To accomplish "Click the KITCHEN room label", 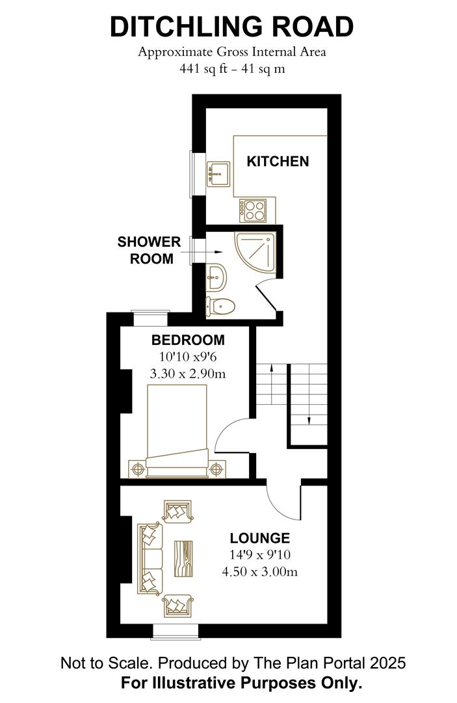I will (x=278, y=161).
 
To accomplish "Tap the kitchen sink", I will (x=218, y=174).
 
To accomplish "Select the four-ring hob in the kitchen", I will (x=254, y=210).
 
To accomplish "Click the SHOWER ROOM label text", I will (x=149, y=250).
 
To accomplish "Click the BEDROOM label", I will (x=188, y=340).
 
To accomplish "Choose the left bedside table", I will (x=137, y=468).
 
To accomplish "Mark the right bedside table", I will (x=217, y=468).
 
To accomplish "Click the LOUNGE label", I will (x=259, y=538).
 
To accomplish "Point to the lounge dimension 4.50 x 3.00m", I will (x=259, y=572).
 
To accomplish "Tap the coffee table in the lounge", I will (x=185, y=558).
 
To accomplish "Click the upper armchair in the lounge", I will (x=177, y=511).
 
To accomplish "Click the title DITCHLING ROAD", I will (x=231, y=27).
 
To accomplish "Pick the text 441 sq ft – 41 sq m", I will (x=231, y=68).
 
